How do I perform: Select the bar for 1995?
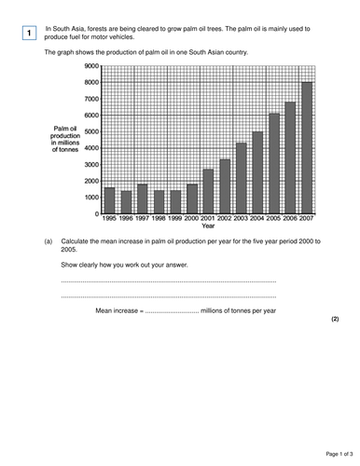109,201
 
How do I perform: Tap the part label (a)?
48,240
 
